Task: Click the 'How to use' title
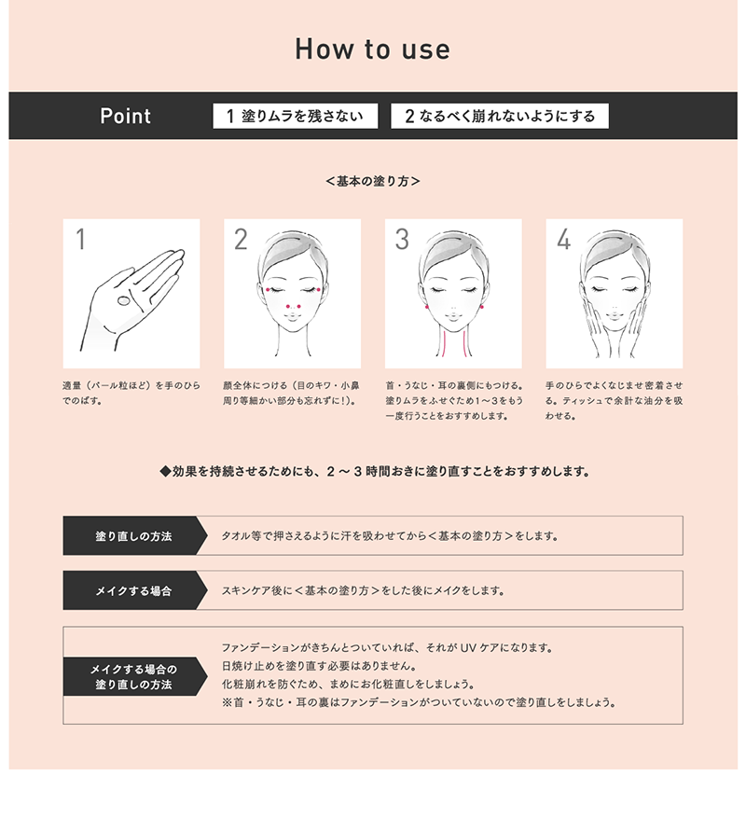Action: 372,48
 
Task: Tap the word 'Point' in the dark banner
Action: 126,116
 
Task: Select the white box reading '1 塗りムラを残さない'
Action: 295,116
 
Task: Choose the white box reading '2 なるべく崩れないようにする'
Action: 500,116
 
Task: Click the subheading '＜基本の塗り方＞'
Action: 373,181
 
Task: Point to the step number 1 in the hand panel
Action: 80,239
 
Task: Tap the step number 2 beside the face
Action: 242,239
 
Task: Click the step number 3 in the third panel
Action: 402,239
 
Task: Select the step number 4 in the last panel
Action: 563,239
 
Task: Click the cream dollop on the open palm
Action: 123,300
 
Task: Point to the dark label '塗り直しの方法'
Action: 134,535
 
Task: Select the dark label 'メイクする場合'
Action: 134,590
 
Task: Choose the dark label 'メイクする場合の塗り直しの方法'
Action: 134,677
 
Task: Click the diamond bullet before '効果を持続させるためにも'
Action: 165,471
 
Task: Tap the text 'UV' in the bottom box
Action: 468,647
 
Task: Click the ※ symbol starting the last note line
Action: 227,702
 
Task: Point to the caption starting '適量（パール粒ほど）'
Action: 131,393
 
